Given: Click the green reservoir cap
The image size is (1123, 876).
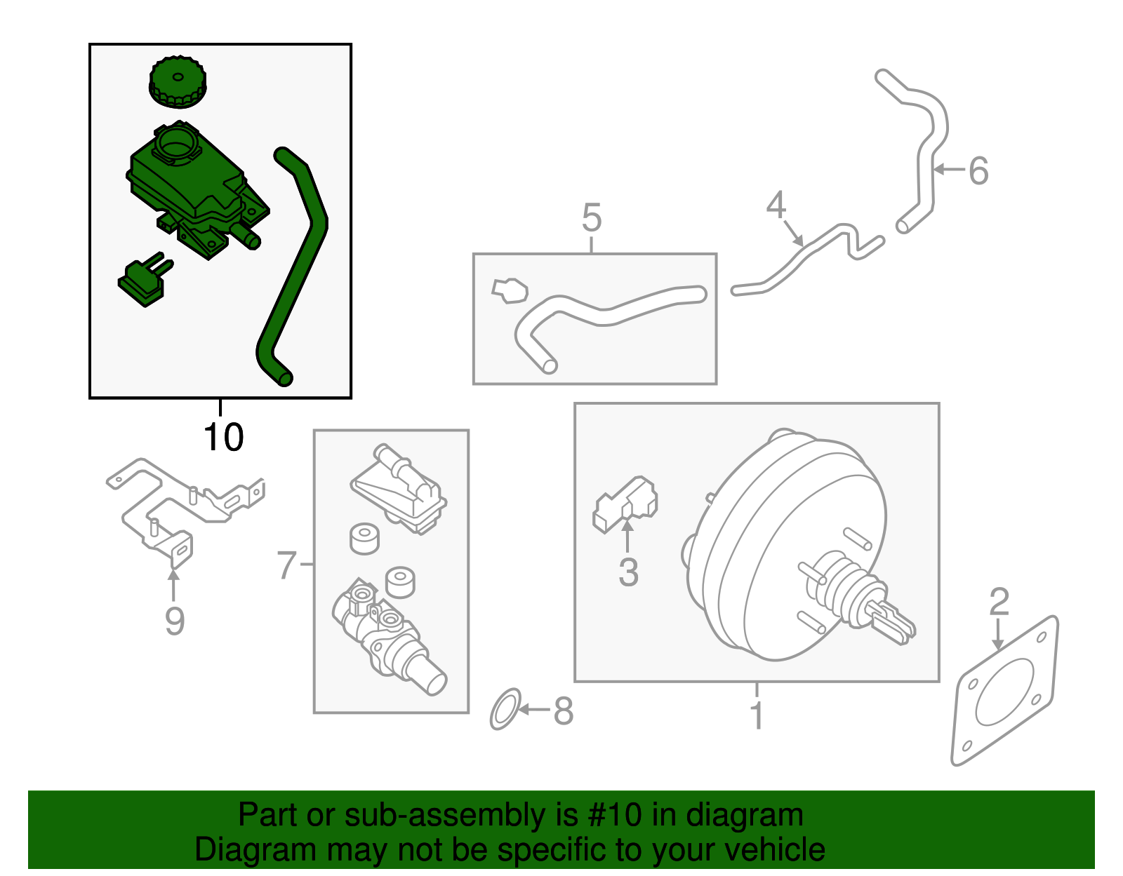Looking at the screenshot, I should click(x=178, y=83).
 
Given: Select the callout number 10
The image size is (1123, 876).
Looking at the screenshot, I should click(x=223, y=438).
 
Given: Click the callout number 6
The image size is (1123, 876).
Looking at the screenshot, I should click(x=978, y=171).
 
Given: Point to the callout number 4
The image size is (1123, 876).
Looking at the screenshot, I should click(x=776, y=205).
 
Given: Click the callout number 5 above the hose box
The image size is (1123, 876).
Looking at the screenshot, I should click(x=592, y=218).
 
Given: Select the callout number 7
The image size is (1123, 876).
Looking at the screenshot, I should click(x=287, y=565).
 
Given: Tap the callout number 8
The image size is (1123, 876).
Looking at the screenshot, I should click(x=564, y=711).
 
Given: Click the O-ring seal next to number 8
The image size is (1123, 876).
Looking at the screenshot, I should click(x=505, y=709).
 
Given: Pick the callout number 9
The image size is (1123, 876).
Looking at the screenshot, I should click(x=174, y=621).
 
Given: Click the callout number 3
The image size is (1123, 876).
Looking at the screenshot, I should click(x=628, y=572).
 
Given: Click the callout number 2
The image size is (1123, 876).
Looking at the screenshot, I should click(x=999, y=602).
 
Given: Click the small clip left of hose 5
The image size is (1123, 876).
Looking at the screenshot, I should click(x=510, y=290).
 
